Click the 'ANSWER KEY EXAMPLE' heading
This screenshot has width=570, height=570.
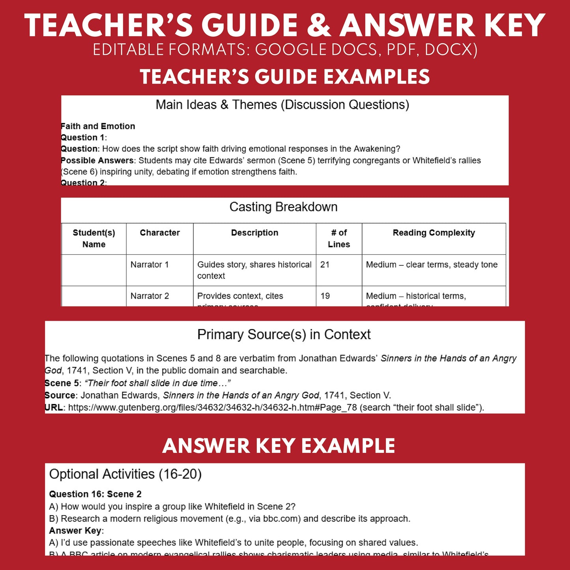(278, 446)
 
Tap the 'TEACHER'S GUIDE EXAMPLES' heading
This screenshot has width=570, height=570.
(285, 77)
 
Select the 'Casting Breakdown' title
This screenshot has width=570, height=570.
(283, 207)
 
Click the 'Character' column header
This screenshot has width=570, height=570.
(160, 233)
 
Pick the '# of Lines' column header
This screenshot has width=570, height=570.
(339, 238)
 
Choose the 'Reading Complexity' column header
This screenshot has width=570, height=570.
(434, 233)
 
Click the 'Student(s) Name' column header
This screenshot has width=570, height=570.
(94, 238)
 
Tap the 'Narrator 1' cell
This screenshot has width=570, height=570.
(150, 265)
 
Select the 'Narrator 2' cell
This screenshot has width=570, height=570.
(150, 296)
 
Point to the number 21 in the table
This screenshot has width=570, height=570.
(325, 265)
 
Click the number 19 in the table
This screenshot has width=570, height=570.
(325, 296)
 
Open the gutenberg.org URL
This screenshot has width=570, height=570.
(212, 407)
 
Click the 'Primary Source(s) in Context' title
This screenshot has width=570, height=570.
(284, 335)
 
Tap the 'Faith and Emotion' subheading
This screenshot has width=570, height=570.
(98, 126)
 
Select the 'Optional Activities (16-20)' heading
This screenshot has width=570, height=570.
(125, 474)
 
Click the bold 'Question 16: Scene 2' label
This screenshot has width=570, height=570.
(95, 494)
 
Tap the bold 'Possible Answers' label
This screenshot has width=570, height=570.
(97, 161)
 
